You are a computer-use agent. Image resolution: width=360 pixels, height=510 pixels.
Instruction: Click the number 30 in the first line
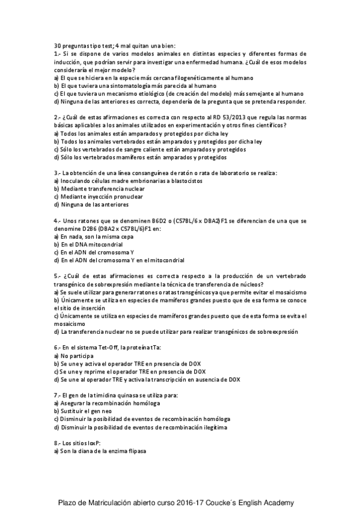(x=57, y=46)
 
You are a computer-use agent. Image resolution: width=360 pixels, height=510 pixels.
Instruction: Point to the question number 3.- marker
(x=57, y=173)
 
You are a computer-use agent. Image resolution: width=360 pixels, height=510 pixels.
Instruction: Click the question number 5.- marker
(x=57, y=275)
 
